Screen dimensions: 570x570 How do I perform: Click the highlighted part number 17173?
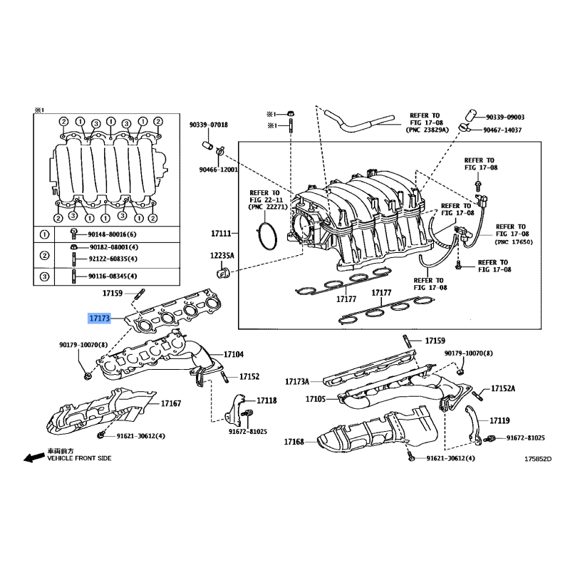99,318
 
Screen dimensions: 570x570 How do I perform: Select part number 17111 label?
221,234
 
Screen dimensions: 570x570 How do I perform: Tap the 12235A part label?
222,256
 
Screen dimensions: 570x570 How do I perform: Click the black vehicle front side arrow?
33,457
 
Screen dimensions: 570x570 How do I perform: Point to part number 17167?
171,403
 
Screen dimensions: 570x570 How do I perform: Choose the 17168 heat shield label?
294,442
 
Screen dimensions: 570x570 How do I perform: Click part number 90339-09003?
505,117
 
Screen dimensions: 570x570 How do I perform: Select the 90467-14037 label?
502,130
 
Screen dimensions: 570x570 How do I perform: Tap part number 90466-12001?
219,170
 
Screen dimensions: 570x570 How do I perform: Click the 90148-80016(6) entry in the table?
112,234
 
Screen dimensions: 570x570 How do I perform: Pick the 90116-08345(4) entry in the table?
113,276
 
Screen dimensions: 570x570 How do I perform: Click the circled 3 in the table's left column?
44,276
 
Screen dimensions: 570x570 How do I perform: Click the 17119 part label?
499,420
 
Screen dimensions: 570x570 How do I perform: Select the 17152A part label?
503,388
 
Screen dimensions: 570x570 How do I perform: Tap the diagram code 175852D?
538,459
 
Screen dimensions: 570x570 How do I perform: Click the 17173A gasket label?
297,382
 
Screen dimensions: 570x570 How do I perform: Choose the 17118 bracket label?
266,400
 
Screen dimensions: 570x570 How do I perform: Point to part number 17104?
234,354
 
